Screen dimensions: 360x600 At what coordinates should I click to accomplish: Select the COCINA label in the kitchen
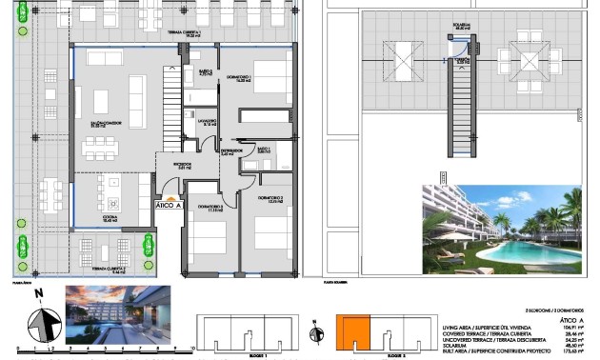coord(109,220)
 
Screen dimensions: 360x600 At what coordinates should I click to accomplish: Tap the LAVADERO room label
coord(208,123)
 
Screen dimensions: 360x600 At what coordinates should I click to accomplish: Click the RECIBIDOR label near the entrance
coord(170,166)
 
